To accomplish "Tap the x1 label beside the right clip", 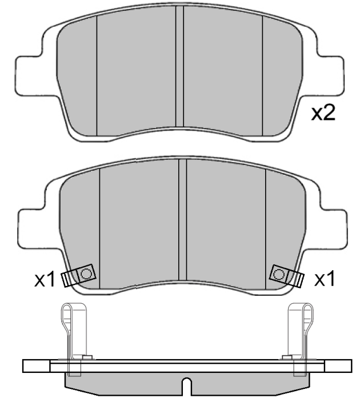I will [x=325, y=279].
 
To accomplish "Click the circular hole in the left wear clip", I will [x=86, y=274].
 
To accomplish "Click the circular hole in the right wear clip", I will [x=278, y=274].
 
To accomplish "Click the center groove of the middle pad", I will [x=183, y=217].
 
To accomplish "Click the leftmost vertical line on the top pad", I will [x=97, y=74].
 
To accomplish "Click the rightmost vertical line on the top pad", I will [x=262, y=74].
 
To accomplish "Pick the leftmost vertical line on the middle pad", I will [x=100, y=223].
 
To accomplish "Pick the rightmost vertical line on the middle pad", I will [x=266, y=223].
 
